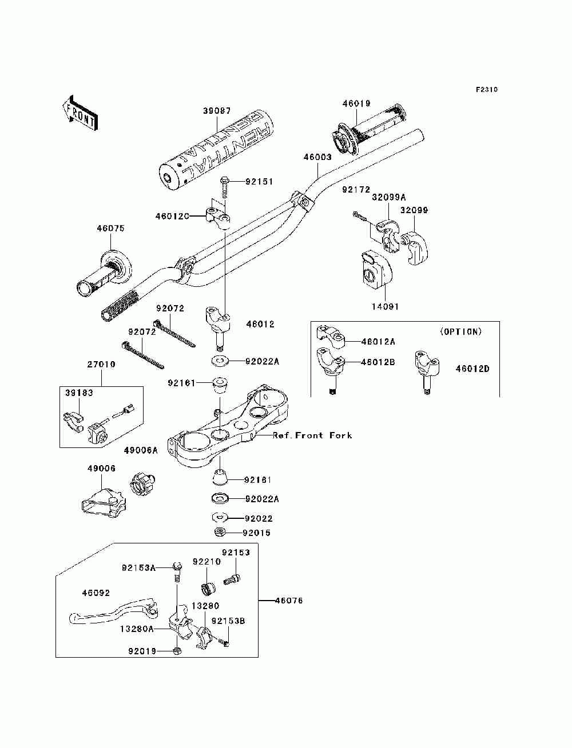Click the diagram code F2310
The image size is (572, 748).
point(486,90)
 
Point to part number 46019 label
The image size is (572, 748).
point(356,103)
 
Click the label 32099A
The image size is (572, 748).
point(388,197)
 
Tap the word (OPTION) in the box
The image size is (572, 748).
point(461,331)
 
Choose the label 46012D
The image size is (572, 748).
point(472,369)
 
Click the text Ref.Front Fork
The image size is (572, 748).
point(312,435)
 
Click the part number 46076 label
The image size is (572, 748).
point(289,601)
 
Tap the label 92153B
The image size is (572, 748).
point(228,621)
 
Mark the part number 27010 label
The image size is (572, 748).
point(101,364)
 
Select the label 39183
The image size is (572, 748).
point(79,393)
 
